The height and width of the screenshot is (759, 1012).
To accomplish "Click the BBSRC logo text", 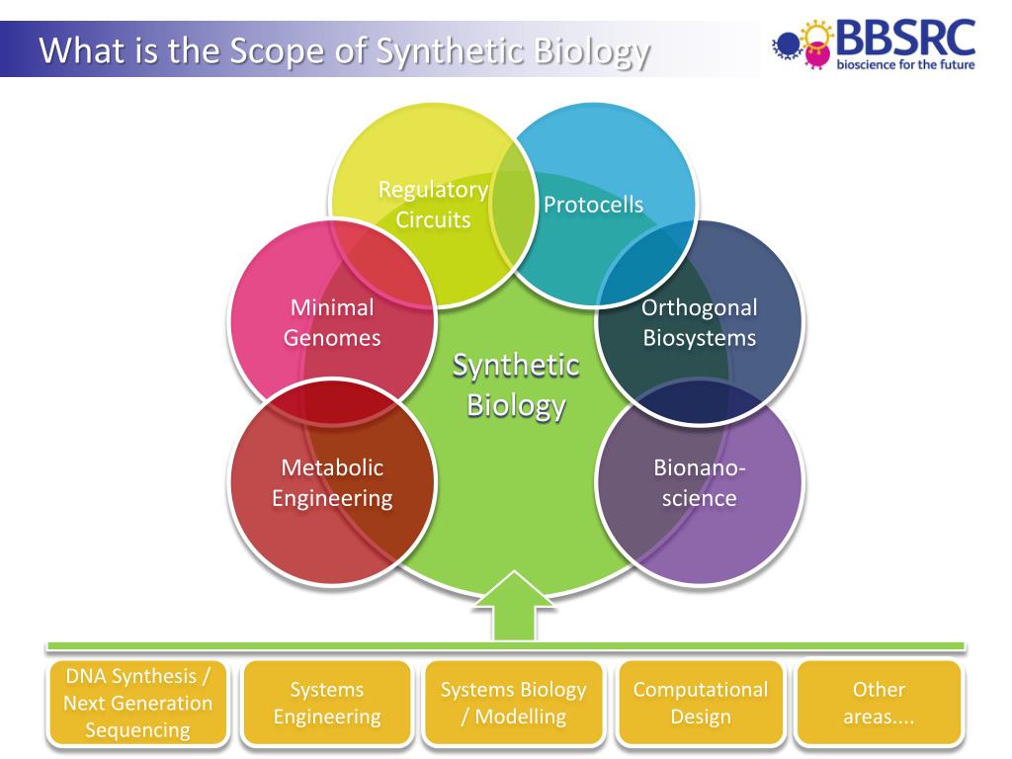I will click(905, 37).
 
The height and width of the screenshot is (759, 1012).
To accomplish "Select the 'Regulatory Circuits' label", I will click(433, 205).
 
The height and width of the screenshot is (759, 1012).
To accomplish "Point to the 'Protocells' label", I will click(593, 205).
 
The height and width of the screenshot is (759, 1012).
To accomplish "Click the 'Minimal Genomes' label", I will click(332, 322).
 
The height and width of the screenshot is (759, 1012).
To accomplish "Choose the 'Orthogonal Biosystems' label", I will click(699, 322).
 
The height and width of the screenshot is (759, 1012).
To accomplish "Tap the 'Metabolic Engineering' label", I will click(332, 482).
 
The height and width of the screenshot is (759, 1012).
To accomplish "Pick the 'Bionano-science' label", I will click(699, 482).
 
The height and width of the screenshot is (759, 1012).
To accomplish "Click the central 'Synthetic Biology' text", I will click(516, 385).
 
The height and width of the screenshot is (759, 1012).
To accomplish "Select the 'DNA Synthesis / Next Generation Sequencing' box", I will click(137, 703).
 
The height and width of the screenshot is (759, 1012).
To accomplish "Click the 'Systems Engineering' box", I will click(327, 703).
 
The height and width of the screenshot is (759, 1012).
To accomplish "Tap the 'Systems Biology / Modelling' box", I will click(513, 703).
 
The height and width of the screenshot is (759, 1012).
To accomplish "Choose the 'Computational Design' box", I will click(700, 703).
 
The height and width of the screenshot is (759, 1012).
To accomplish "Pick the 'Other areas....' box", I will click(879, 703).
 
